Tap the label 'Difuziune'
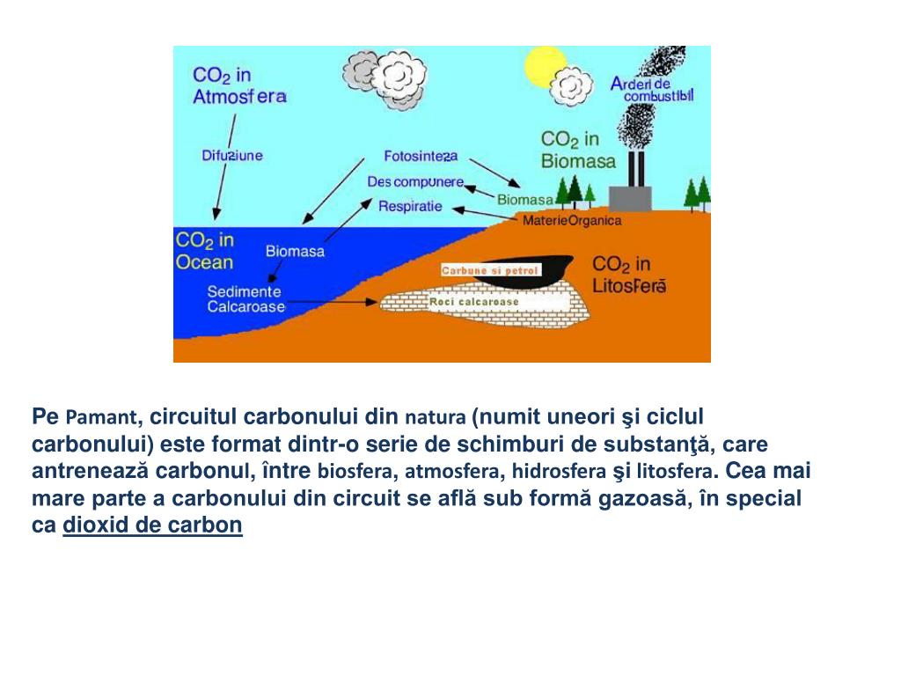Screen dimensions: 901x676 click(x=232, y=156)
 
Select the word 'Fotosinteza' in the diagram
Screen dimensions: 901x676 click(x=421, y=156)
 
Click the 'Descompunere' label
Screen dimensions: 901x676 click(x=415, y=181)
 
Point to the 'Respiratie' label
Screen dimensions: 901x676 click(x=409, y=207)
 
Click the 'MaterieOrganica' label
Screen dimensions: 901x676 click(x=572, y=220)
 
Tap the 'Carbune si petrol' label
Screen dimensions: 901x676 click(x=489, y=270)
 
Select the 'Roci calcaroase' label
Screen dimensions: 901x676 click(x=474, y=302)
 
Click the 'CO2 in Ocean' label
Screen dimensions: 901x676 click(x=204, y=251)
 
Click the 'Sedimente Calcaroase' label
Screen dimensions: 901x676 click(x=245, y=299)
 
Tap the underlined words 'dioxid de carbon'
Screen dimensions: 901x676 click(x=152, y=525)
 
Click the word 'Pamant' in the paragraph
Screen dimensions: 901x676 click(x=102, y=416)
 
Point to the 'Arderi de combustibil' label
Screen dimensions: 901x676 click(x=652, y=89)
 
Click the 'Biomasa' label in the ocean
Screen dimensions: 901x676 click(x=295, y=252)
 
